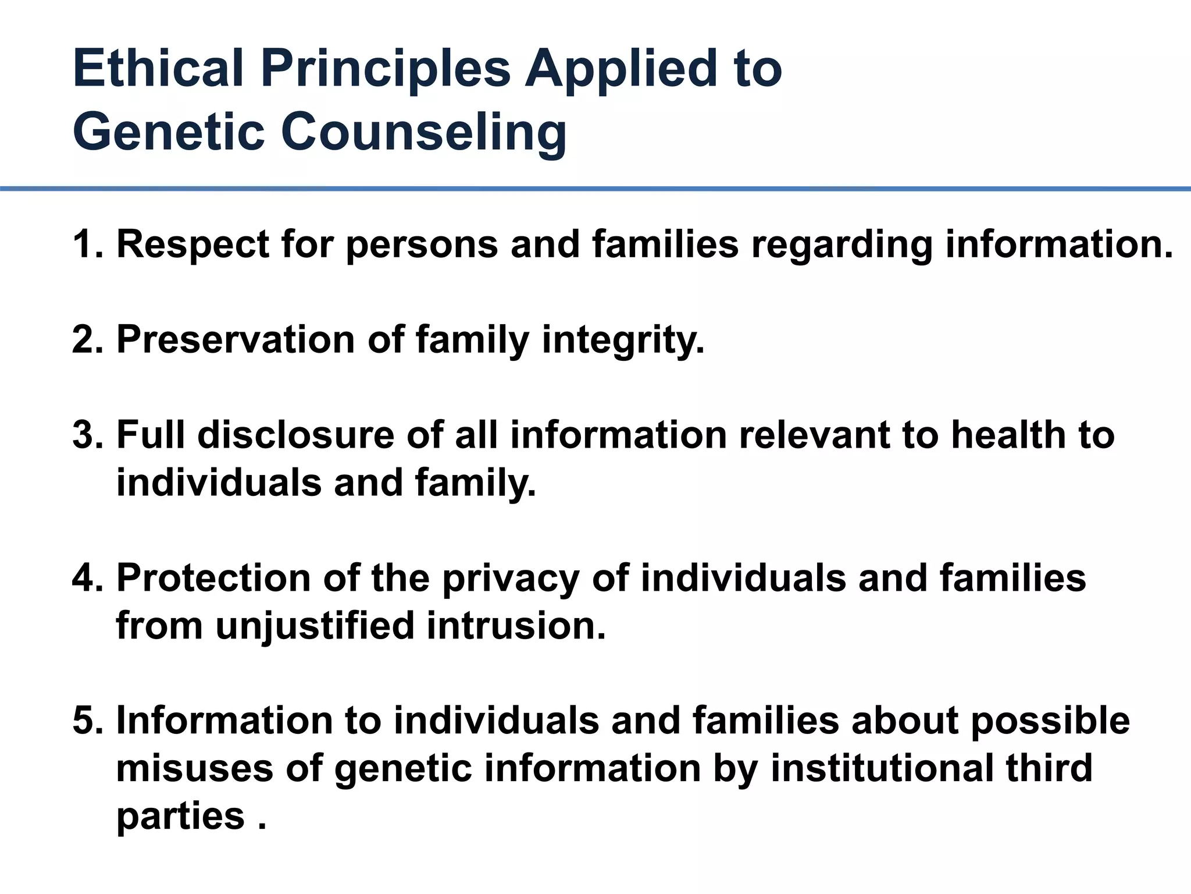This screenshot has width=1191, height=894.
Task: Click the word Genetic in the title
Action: click(169, 133)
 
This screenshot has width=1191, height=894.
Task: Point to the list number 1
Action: click(85, 244)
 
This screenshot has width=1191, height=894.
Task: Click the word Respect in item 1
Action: click(192, 244)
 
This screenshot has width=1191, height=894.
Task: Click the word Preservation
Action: click(236, 339)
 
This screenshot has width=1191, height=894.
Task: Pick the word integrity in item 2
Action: click(622, 339)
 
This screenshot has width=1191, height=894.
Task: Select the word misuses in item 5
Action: click(194, 768)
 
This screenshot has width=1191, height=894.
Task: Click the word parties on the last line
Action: click(180, 816)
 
